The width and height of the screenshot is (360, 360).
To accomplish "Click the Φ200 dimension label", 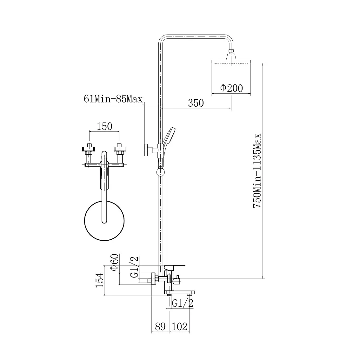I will pos(231,88).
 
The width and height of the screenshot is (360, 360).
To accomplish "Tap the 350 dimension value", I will pos(196,103).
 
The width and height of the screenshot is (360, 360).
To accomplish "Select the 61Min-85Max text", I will pos(113,99).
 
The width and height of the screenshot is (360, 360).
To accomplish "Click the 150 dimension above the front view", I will pos(104,126).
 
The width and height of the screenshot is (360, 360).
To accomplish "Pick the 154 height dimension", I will pos(100,280).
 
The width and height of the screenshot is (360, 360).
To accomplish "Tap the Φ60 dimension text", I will pos(115,262).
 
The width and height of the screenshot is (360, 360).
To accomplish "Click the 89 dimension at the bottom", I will pos(160,326).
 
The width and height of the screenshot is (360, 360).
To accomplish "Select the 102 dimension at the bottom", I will pos(179,326).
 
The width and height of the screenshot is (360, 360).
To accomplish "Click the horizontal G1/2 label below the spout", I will pos(182,303).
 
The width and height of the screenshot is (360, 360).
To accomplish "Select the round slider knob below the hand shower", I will pos(161,172).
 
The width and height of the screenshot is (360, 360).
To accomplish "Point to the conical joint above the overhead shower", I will pos(231,56).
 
